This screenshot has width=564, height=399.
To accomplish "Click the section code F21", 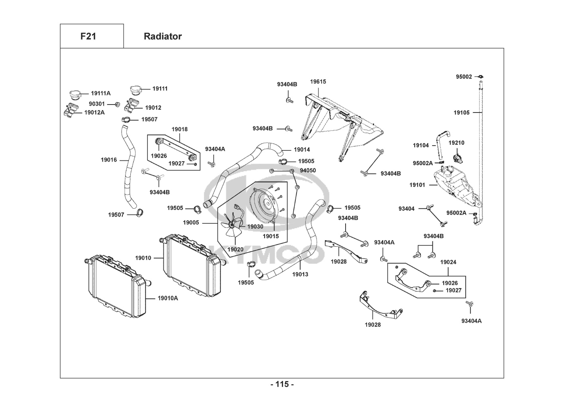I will [88, 36].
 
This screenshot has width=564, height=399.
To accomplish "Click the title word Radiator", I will [163, 36].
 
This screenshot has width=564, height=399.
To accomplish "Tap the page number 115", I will [282, 384].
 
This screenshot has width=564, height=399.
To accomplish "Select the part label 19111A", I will [101, 93].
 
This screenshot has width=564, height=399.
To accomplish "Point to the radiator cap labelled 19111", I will [136, 90].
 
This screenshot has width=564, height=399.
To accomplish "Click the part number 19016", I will [109, 160].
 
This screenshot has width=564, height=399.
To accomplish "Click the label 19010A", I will [168, 298].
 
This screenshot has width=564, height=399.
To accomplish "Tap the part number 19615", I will [318, 82].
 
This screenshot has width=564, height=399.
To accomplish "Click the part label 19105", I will [462, 113].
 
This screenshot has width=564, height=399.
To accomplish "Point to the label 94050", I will [308, 170].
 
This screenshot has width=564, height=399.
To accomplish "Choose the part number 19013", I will [300, 275].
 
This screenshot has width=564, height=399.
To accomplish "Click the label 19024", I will [448, 262].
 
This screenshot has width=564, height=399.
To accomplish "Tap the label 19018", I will [179, 129].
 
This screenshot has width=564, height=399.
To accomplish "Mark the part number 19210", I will [456, 142].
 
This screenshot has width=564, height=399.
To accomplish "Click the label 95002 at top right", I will [464, 77].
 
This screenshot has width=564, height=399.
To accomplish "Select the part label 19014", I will [302, 150].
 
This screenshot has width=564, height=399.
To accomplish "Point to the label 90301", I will [97, 104].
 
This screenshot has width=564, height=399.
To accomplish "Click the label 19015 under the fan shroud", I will [271, 236].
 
